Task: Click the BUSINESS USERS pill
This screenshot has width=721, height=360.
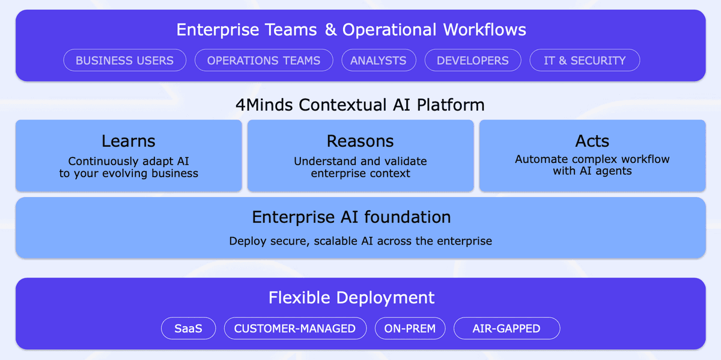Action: [125, 60]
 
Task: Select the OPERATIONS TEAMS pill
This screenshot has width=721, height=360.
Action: [264, 60]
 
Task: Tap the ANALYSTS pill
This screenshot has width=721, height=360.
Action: [379, 60]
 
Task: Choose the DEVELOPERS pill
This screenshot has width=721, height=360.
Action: [473, 60]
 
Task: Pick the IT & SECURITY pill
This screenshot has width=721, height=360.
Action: [585, 60]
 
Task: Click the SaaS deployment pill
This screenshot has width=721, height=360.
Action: [188, 328]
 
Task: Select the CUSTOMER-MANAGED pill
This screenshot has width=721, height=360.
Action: [295, 328]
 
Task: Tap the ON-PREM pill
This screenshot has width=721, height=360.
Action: [410, 328]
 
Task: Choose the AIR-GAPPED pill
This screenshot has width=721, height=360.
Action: [507, 328]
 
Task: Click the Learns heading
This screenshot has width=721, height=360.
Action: [129, 141]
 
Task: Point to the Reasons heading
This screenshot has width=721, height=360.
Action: [360, 141]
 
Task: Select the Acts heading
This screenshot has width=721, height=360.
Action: [592, 141]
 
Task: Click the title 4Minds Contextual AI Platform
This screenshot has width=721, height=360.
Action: [360, 105]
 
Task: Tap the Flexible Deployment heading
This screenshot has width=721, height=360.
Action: [351, 297]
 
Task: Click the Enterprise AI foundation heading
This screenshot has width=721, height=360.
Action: [351, 217]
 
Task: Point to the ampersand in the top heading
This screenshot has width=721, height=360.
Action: [331, 29]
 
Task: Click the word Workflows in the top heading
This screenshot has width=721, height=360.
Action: [485, 29]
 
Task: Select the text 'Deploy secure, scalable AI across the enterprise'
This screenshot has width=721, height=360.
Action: [360, 241]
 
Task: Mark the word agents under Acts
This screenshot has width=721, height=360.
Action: [613, 171]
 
